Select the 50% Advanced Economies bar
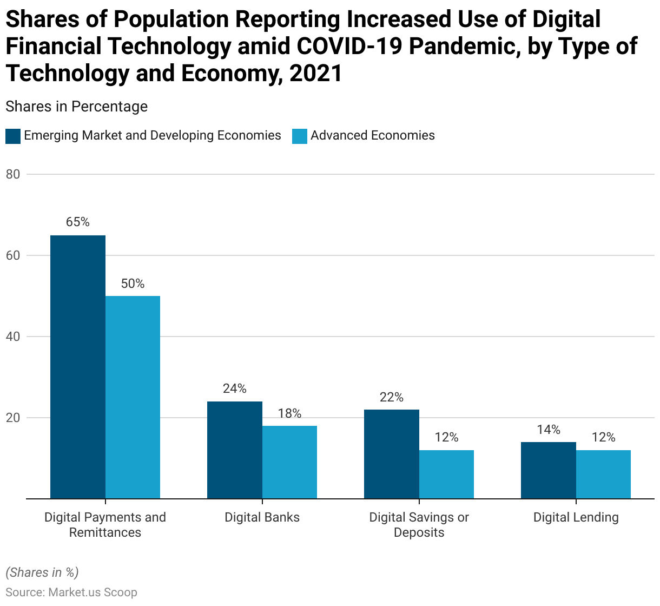tap(133, 397)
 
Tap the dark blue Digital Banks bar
tap(235, 450)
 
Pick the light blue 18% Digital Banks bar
tap(289, 462)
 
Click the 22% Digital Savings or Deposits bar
tap(392, 454)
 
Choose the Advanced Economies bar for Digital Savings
tap(446, 475)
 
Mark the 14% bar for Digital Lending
tap(549, 470)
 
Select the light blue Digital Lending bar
tap(603, 475)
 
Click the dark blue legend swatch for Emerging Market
tap(13, 136)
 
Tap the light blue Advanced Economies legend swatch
tap(300, 136)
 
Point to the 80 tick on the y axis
tap(13, 174)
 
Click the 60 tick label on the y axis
tap(13, 255)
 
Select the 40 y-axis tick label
tap(13, 337)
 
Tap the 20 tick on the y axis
tap(13, 418)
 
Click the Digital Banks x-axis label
tap(262, 517)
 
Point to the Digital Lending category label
tap(576, 517)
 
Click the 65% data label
tap(78, 222)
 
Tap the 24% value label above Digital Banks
tap(235, 388)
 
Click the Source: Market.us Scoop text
tap(71, 592)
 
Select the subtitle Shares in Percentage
tap(76, 107)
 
